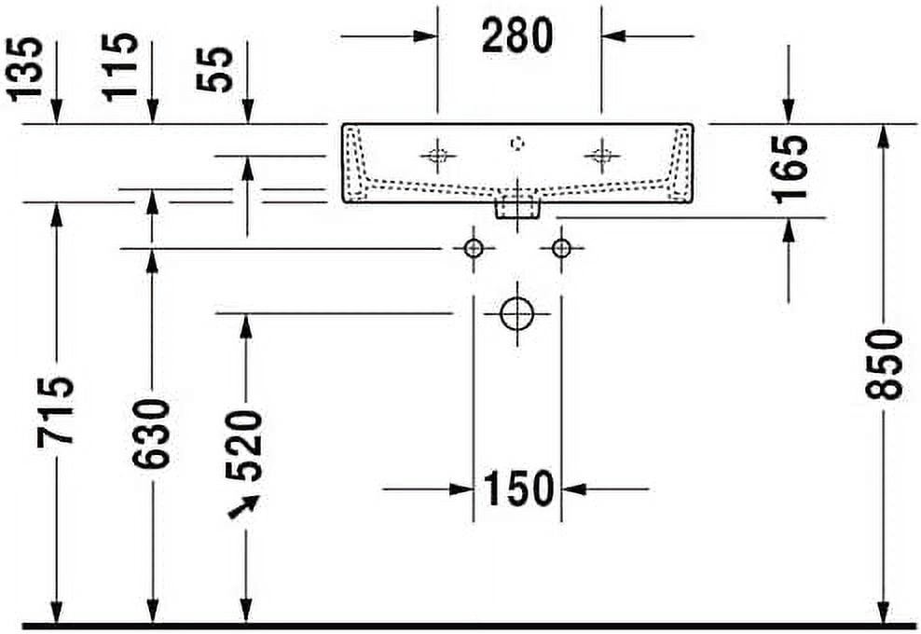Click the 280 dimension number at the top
tap(516, 35)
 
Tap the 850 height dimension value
tap(884, 365)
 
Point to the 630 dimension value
tap(151, 434)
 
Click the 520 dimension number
tap(244, 446)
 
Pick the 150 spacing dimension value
tap(518, 489)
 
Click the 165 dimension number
tap(790, 170)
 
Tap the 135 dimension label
tap(26, 69)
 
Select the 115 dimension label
tap(120, 67)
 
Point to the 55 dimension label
tap(214, 69)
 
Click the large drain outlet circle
tap(516, 314)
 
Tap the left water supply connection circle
tap(474, 249)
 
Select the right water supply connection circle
tap(561, 249)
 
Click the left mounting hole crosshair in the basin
tap(437, 156)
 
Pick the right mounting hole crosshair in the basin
tap(601, 156)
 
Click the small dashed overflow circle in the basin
tap(516, 144)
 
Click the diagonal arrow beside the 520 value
tap(243, 507)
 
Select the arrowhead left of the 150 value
tap(461, 489)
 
